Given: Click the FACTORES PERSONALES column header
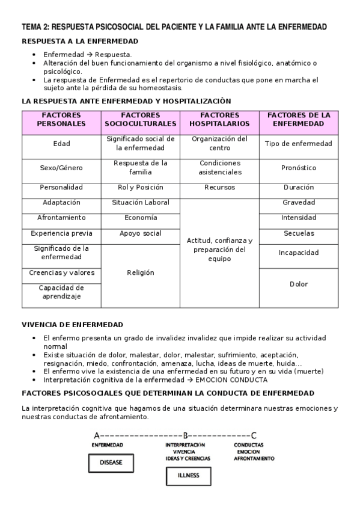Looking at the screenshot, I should (x=61, y=119).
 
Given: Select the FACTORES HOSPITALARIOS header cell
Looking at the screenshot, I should (x=219, y=119).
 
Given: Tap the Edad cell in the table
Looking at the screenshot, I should (x=61, y=144).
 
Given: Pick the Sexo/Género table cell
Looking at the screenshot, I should (x=61, y=168).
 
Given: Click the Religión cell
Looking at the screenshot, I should (x=141, y=272).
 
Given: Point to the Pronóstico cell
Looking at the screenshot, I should (x=299, y=168).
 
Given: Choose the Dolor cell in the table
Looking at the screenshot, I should (x=299, y=284).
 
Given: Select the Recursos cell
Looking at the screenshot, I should (x=219, y=187).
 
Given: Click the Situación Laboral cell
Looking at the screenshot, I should (x=141, y=203).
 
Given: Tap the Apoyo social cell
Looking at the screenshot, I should (x=141, y=233).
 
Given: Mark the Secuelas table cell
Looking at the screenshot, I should (x=299, y=233).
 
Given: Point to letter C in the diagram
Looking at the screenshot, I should (x=254, y=435).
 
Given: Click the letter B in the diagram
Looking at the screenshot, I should (x=186, y=435).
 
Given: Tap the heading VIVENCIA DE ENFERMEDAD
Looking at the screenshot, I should (x=72, y=324).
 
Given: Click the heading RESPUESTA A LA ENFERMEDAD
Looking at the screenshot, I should (x=80, y=41).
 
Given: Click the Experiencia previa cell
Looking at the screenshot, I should (x=61, y=233).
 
